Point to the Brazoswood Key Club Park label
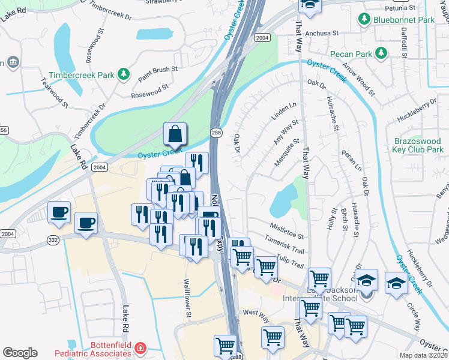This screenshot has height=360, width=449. coord(418,145)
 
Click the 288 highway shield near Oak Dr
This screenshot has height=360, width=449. coord(215,132)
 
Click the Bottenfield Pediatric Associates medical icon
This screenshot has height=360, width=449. coord(140,348)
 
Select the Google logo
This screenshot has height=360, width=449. coord(19,353)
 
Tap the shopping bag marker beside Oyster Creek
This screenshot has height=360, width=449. coord(175,136)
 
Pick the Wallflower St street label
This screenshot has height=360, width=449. coord(187,298)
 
